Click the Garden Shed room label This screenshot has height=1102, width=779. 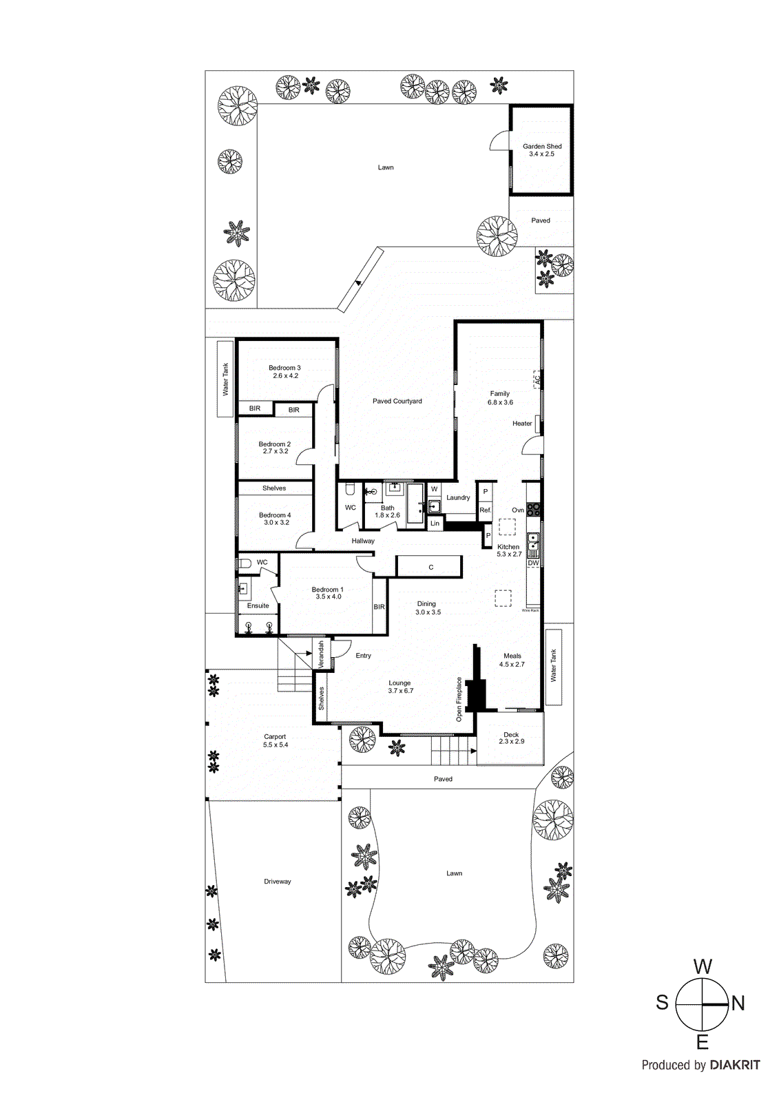click(x=541, y=146)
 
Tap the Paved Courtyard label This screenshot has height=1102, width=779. click(x=397, y=401)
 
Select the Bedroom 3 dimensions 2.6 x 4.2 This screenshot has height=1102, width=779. click(x=285, y=376)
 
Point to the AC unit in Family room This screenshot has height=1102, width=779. click(x=537, y=379)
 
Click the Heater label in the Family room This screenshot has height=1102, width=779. click(x=522, y=424)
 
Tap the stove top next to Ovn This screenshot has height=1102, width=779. click(x=534, y=510)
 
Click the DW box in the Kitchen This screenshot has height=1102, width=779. click(x=533, y=563)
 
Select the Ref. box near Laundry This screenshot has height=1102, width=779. click(x=486, y=510)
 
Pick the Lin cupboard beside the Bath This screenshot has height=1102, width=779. click(x=435, y=523)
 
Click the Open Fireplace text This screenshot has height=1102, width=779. click(x=459, y=699)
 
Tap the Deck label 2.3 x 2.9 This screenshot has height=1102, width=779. click(x=511, y=738)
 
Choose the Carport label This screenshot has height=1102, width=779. click(x=275, y=737)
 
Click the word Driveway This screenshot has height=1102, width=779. click(x=278, y=882)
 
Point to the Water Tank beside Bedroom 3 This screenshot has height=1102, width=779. click(x=225, y=379)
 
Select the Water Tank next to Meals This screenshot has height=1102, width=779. click(x=554, y=665)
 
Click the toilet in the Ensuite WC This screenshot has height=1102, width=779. click(x=245, y=563)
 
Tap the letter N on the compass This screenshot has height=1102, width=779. click(x=738, y=1004)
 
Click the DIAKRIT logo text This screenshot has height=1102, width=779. click(x=734, y=1065)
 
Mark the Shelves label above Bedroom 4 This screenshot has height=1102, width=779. click(x=274, y=488)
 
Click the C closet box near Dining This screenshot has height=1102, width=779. click(x=431, y=568)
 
